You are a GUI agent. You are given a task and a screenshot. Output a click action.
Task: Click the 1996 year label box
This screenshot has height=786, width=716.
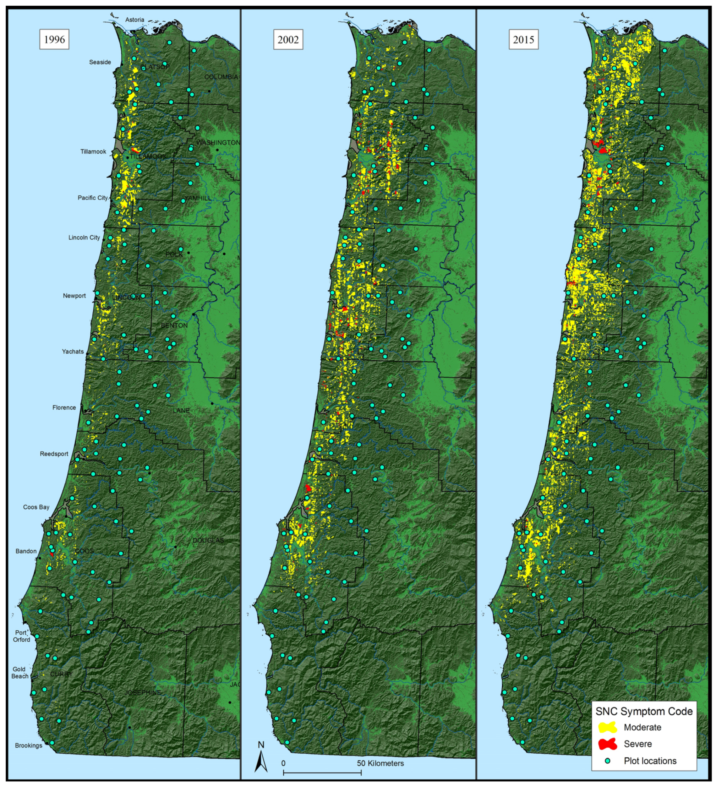pyautogui.click(x=54, y=39)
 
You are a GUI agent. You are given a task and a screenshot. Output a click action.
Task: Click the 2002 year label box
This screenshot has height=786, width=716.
pyautogui.click(x=288, y=40)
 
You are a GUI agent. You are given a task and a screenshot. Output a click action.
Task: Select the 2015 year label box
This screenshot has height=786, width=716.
pyautogui.click(x=523, y=40)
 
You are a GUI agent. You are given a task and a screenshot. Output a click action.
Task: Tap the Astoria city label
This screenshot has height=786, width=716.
pyautogui.click(x=135, y=19)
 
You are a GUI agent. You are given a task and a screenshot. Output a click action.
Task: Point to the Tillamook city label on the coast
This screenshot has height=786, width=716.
pyautogui.click(x=93, y=152)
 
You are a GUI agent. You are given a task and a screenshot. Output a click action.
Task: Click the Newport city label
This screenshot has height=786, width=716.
pyautogui.click(x=74, y=296)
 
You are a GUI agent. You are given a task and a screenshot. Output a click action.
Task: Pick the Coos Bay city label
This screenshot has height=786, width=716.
pyautogui.click(x=36, y=507)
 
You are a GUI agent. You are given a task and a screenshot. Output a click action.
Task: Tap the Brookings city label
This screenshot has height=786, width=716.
pyautogui.click(x=28, y=745)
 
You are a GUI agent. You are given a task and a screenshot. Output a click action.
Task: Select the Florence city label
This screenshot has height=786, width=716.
pyautogui.click(x=64, y=408)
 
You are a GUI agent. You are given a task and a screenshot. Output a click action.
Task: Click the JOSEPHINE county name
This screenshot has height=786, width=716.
pyautogui.click(x=143, y=692)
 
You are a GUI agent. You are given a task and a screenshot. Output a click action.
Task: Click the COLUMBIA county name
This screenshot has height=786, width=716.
pyautogui.click(x=221, y=77)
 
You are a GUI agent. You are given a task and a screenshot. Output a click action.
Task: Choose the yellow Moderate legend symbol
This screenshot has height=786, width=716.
pyautogui.click(x=607, y=727)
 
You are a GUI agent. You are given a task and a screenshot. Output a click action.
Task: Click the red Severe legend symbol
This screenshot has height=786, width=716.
pyautogui.click(x=607, y=744)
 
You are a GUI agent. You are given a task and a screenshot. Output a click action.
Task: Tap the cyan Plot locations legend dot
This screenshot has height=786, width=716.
pyautogui.click(x=607, y=761)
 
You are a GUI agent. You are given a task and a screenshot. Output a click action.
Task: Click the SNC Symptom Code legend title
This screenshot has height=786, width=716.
pyautogui.click(x=644, y=711)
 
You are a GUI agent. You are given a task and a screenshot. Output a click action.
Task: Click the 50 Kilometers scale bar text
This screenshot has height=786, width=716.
pyautogui.click(x=380, y=763)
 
